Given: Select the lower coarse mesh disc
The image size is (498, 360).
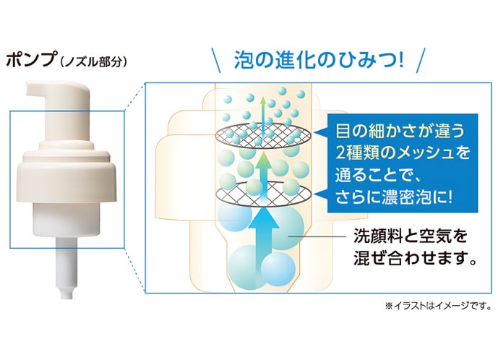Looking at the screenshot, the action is [265, 192].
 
